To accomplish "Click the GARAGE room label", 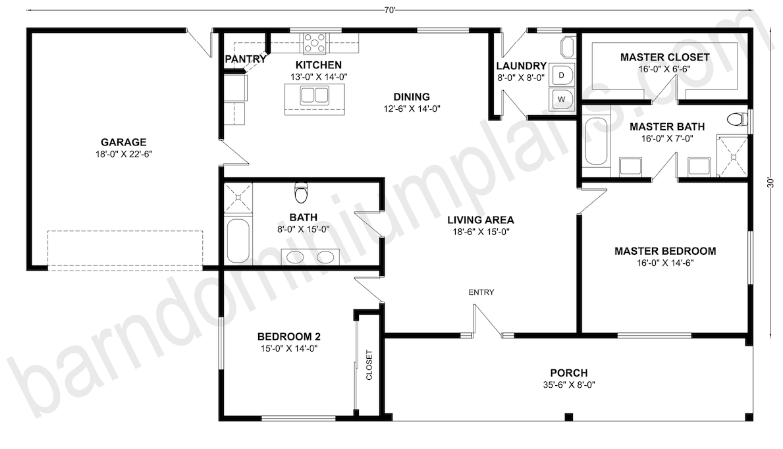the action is [x=123, y=142].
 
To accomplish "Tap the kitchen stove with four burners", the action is [x=315, y=42].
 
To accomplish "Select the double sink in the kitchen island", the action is [x=315, y=96].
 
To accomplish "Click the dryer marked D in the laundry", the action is [x=562, y=75].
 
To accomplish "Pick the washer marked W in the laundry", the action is [x=562, y=99].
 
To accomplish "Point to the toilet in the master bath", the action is [x=737, y=119].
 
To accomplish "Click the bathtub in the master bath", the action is [x=596, y=141].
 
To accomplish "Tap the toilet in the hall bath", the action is [x=301, y=193].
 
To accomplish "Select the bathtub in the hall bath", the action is [x=238, y=241].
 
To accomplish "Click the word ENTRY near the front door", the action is [x=481, y=292].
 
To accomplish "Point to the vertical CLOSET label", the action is [x=369, y=365].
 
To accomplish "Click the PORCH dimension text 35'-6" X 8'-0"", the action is [x=569, y=385].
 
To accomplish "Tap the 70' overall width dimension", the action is [x=390, y=10].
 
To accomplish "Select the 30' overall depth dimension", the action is [x=771, y=183].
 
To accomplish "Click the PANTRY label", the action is [x=245, y=59].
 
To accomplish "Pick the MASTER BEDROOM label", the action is [x=665, y=251].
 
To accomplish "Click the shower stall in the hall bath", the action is [x=238, y=198].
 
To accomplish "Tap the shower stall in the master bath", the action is [x=732, y=156].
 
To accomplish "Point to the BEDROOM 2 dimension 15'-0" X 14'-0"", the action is [x=289, y=349].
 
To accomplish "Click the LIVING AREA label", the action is [x=480, y=220].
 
